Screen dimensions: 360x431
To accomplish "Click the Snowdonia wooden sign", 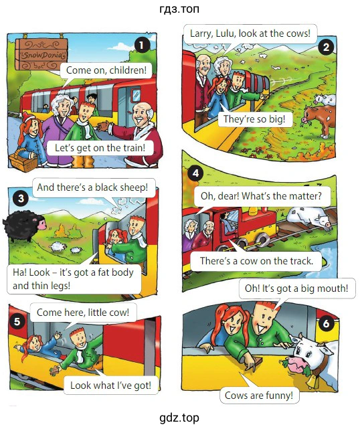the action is (x=41, y=54).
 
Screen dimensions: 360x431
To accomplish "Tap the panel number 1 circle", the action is (x=142, y=45).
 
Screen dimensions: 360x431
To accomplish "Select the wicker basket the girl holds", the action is (x=23, y=161).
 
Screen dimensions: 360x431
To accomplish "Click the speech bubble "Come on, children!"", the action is (x=106, y=70).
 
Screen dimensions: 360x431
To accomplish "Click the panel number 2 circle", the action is (x=326, y=48).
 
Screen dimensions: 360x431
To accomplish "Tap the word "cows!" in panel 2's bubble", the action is (x=298, y=33).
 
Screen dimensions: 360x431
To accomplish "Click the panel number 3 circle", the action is (x=21, y=198).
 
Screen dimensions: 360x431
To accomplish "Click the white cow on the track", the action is (x=309, y=216).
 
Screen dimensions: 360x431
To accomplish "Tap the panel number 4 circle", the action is (x=195, y=173).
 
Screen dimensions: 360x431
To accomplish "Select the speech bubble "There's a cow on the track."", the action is (x=256, y=261).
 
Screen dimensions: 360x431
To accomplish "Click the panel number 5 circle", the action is (x=17, y=321).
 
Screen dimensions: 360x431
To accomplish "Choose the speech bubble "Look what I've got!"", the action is (x=111, y=385).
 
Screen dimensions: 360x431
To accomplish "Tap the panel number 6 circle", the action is (x=326, y=323).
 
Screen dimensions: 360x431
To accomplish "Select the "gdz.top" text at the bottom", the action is (x=179, y=418).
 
